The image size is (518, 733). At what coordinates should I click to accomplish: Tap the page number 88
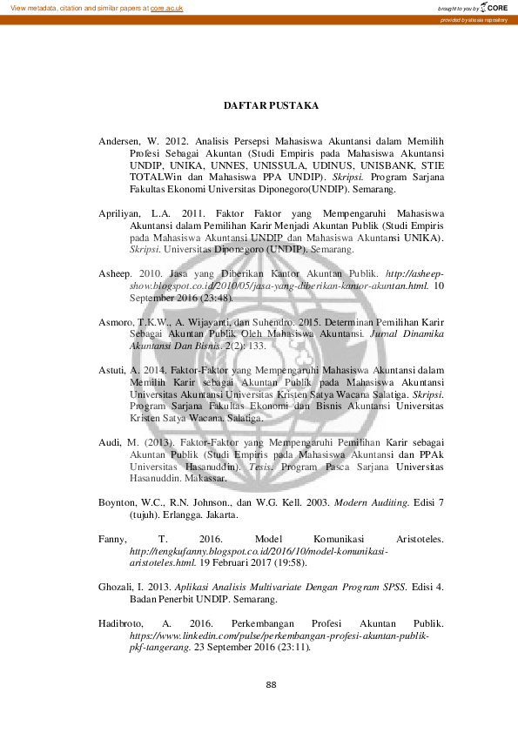271,685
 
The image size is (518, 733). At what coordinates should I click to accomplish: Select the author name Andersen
122,138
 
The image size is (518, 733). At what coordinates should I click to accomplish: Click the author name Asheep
116,272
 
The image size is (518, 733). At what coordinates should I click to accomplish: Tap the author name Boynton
119,502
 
